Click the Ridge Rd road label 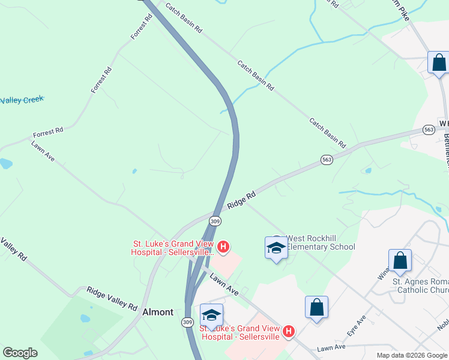pos(242,200)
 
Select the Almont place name pos(158,312)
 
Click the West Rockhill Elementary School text pos(321,242)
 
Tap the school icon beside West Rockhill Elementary pos(276,247)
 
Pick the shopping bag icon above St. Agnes pos(400,261)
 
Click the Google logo pos(20,353)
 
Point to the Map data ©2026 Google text pos(412,355)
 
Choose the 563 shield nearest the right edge pos(428,130)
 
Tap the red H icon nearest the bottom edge pos(289,331)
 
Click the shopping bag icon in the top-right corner pos(439,62)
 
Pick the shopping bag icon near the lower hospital pos(316,307)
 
